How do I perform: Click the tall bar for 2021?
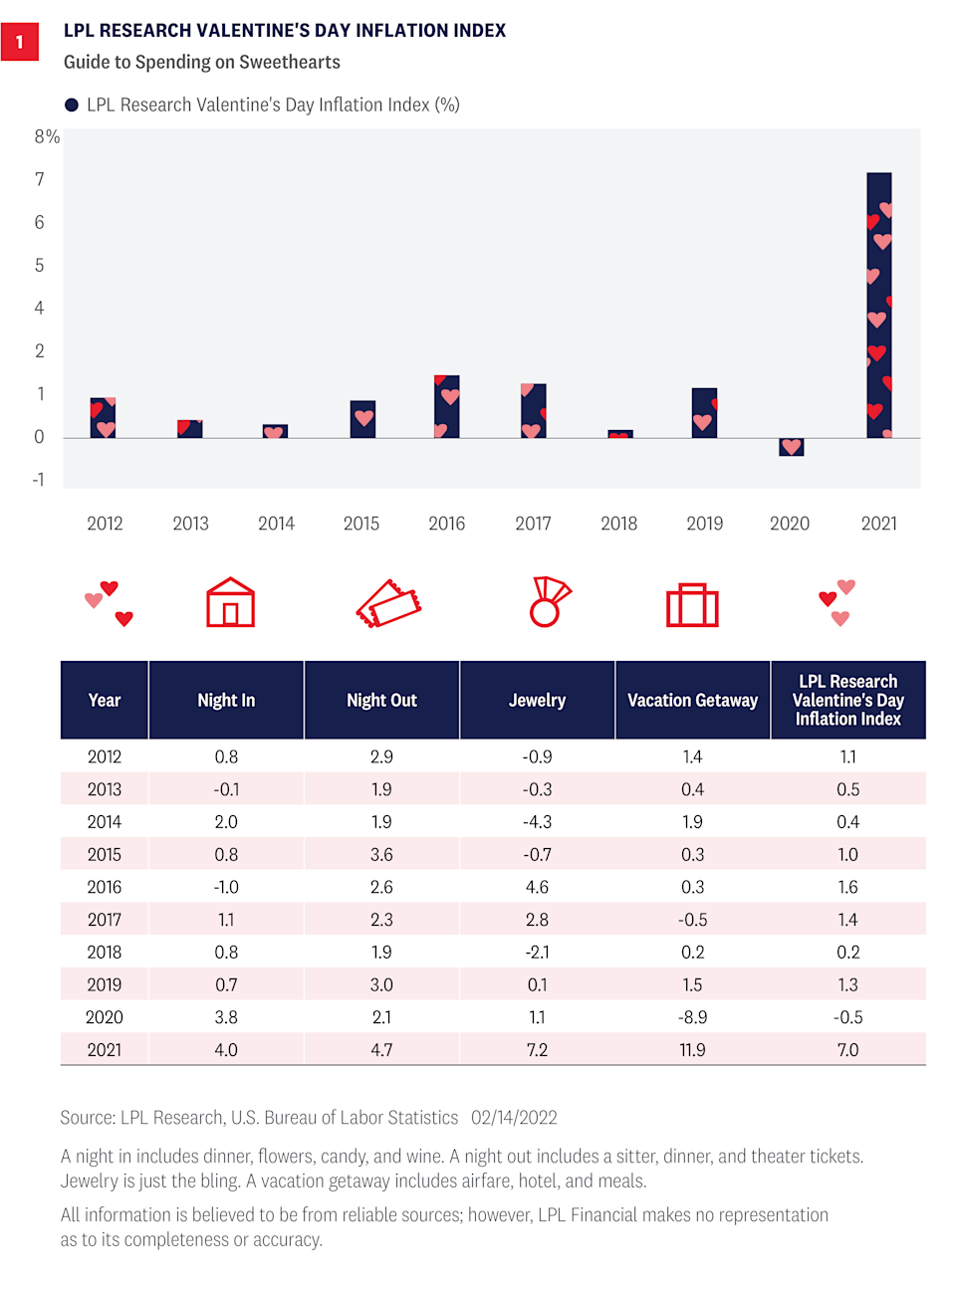(879, 305)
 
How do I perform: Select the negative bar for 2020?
(791, 447)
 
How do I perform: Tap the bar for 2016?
(447, 406)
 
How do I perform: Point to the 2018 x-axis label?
(618, 524)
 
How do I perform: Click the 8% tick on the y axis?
(46, 136)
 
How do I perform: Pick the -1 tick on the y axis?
(39, 480)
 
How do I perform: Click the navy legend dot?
(72, 106)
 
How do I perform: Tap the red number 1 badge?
(19, 42)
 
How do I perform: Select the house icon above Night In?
(230, 602)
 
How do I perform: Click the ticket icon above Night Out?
(388, 603)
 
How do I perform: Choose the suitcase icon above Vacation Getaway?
(692, 604)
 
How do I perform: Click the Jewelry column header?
(537, 700)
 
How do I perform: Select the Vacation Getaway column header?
(692, 700)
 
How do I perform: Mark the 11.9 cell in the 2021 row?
(692, 1050)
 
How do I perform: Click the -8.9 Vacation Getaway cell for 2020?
(692, 1017)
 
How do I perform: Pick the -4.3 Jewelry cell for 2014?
(537, 822)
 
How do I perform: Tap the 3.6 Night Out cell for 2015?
(381, 854)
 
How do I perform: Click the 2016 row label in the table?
(105, 887)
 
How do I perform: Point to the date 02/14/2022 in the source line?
(514, 1118)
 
